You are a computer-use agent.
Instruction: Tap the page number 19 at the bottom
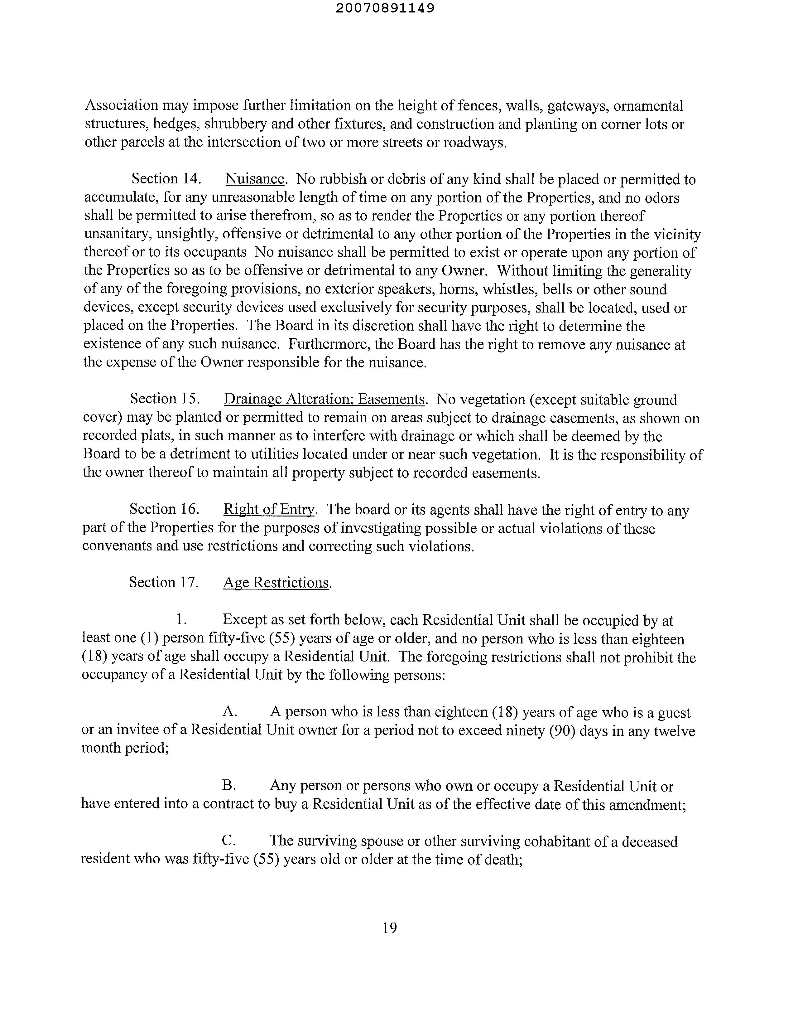[390, 928]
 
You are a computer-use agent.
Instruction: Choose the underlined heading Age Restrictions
[276, 582]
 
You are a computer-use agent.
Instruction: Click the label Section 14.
[166, 179]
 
